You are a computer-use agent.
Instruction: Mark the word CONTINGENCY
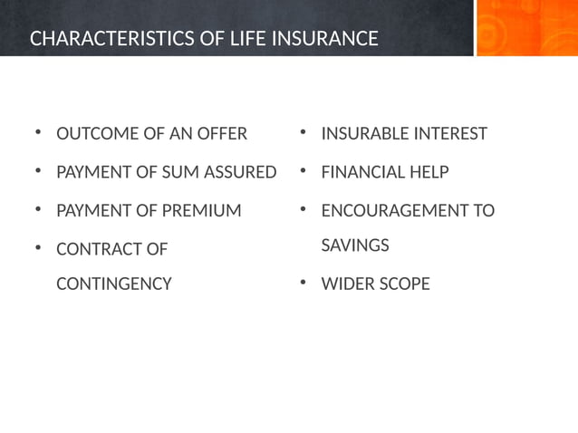coord(113,284)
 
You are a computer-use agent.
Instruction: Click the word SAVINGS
coord(355,245)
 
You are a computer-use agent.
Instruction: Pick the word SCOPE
coord(405,284)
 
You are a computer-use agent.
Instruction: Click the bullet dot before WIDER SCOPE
coord(304,284)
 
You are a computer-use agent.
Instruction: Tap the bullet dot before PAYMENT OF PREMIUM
coord(38,211)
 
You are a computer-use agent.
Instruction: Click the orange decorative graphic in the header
coord(526,28)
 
